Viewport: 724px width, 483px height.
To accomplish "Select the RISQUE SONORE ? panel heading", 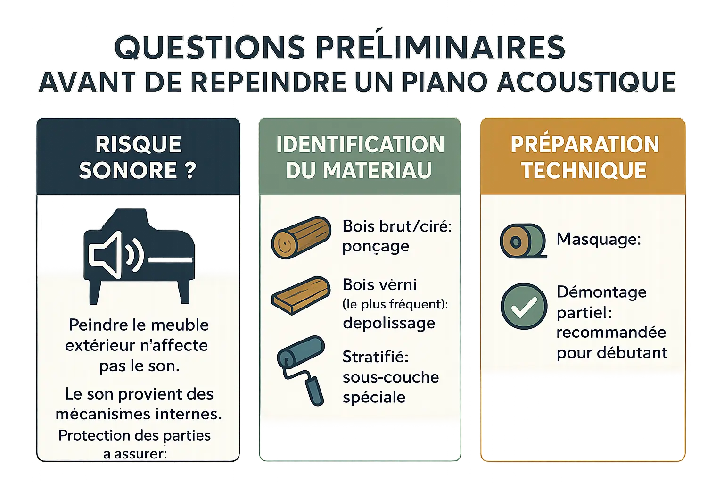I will (x=138, y=157).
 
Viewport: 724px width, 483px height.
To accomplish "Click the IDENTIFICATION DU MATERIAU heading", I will (x=360, y=157).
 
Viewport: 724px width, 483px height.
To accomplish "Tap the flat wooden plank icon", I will (x=301, y=295).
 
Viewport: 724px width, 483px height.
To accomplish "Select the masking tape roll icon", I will (x=522, y=241).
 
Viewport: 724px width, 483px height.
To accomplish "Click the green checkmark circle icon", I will (x=523, y=307).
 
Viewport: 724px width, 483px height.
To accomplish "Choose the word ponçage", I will (x=376, y=247).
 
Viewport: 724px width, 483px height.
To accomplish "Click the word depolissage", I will (x=389, y=323).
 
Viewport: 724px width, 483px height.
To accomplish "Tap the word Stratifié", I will (x=375, y=357).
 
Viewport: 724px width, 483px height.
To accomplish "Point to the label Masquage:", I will (x=599, y=239).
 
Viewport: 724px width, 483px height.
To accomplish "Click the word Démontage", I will (x=601, y=292).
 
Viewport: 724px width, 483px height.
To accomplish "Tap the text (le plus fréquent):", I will (x=395, y=304).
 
